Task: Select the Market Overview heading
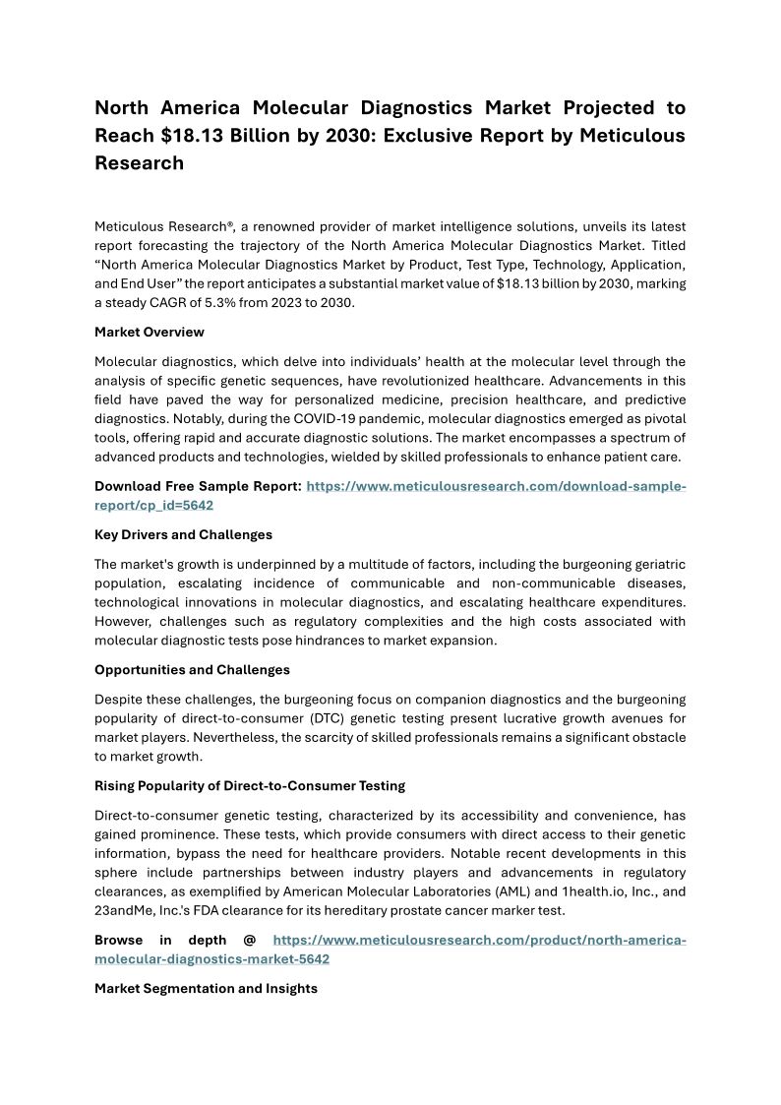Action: point(150,332)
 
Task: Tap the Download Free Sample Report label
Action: point(198,486)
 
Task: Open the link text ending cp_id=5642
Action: point(153,505)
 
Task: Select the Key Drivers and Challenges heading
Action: point(183,534)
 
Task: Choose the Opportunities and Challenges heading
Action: point(192,669)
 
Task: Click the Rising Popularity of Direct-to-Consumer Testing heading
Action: point(250,785)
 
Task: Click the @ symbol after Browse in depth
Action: point(249,940)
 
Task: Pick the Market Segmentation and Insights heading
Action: point(206,988)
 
